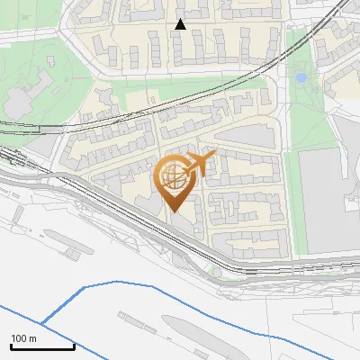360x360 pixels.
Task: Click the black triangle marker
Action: tap(180, 24)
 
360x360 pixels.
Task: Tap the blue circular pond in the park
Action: tap(301, 78)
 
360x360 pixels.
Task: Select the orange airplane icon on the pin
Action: tap(200, 164)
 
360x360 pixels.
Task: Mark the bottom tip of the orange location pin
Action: tap(174, 211)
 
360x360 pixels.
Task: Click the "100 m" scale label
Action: tap(23, 338)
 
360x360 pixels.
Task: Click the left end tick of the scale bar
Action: tap(11, 345)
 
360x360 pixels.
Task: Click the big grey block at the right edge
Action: tap(328, 198)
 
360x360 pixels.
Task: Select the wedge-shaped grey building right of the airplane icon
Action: tap(243, 136)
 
